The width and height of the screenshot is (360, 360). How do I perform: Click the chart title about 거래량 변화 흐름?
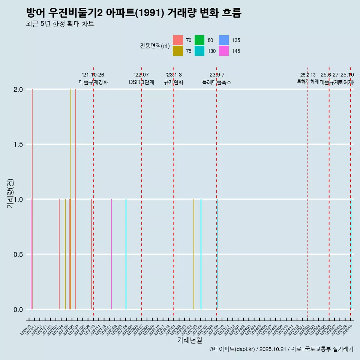(133, 13)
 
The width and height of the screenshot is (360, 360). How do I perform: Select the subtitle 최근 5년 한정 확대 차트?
(60, 24)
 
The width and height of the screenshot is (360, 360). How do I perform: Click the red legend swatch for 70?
(178, 40)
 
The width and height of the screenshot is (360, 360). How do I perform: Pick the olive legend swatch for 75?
(178, 51)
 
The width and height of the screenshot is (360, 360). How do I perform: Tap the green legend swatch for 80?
(199, 40)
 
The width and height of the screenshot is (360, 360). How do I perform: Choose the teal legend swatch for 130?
(199, 51)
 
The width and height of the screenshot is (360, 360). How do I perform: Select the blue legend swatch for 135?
(224, 40)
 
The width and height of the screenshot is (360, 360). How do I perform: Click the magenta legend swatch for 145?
(224, 51)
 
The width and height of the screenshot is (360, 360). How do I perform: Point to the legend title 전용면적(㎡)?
(155, 46)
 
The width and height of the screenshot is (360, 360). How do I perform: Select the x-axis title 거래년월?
(189, 340)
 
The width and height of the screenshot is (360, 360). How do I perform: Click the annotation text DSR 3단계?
(141, 82)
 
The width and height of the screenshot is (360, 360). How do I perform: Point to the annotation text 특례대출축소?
(216, 82)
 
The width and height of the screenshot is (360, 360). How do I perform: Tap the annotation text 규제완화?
(173, 82)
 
